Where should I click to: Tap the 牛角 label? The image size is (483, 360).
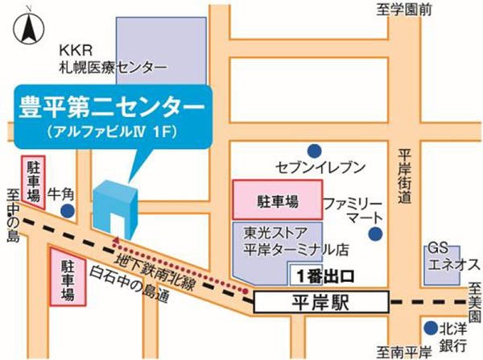[61, 193]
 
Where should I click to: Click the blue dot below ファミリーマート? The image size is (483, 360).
[375, 234]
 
